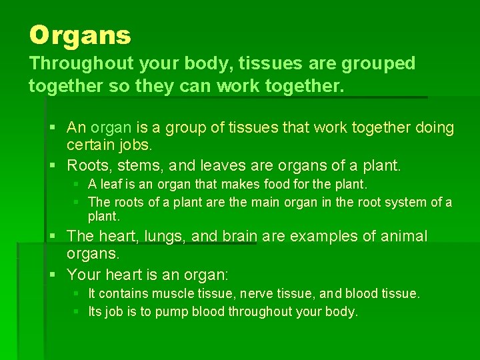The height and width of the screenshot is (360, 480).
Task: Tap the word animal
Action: click(x=402, y=236)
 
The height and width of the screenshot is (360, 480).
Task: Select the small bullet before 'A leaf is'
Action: click(x=77, y=184)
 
